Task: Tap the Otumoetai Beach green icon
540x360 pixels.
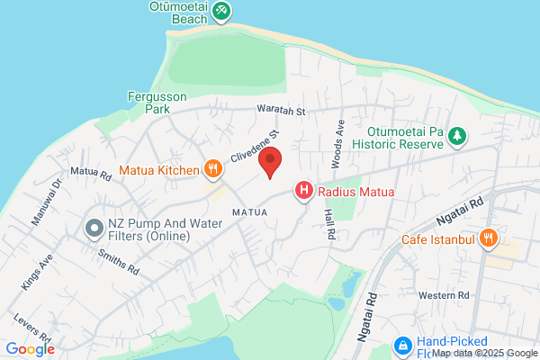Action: coord(221,12)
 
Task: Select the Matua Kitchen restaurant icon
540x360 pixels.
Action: coord(213,167)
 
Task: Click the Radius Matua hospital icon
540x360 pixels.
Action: coord(304,190)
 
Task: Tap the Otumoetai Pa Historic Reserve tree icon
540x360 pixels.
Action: coord(458,136)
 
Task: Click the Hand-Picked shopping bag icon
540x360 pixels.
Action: coord(403,345)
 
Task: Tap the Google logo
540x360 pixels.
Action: coord(31,349)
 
